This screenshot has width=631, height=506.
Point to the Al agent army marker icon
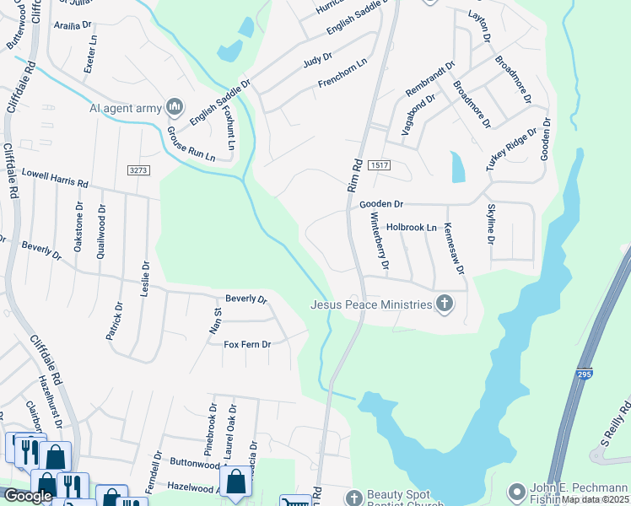click(175, 107)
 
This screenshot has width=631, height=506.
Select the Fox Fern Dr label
click(246, 344)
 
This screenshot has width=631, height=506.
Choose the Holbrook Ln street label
click(411, 227)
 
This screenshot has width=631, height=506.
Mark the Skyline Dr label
click(490, 224)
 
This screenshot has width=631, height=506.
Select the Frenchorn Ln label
click(342, 73)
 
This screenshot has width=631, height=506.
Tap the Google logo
click(28, 496)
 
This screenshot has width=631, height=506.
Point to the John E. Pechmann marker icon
click(516, 491)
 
